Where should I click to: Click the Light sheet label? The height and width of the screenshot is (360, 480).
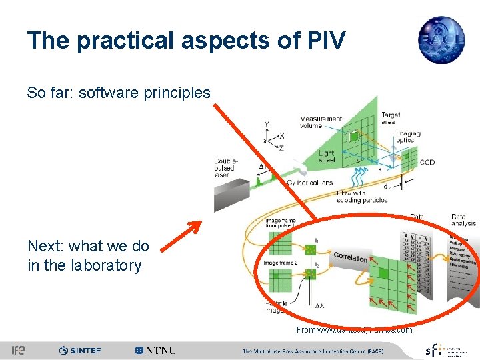pos(327,157)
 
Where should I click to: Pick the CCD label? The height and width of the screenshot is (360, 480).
pos(428,162)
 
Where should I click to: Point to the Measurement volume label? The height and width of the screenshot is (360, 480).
pos(321,122)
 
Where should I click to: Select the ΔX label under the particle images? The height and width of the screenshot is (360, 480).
pos(319,305)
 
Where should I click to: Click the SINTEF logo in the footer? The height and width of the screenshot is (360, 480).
pos(81,350)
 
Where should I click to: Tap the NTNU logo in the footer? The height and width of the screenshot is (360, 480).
pos(155,350)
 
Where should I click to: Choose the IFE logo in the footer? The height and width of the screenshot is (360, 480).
pos(18,350)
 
